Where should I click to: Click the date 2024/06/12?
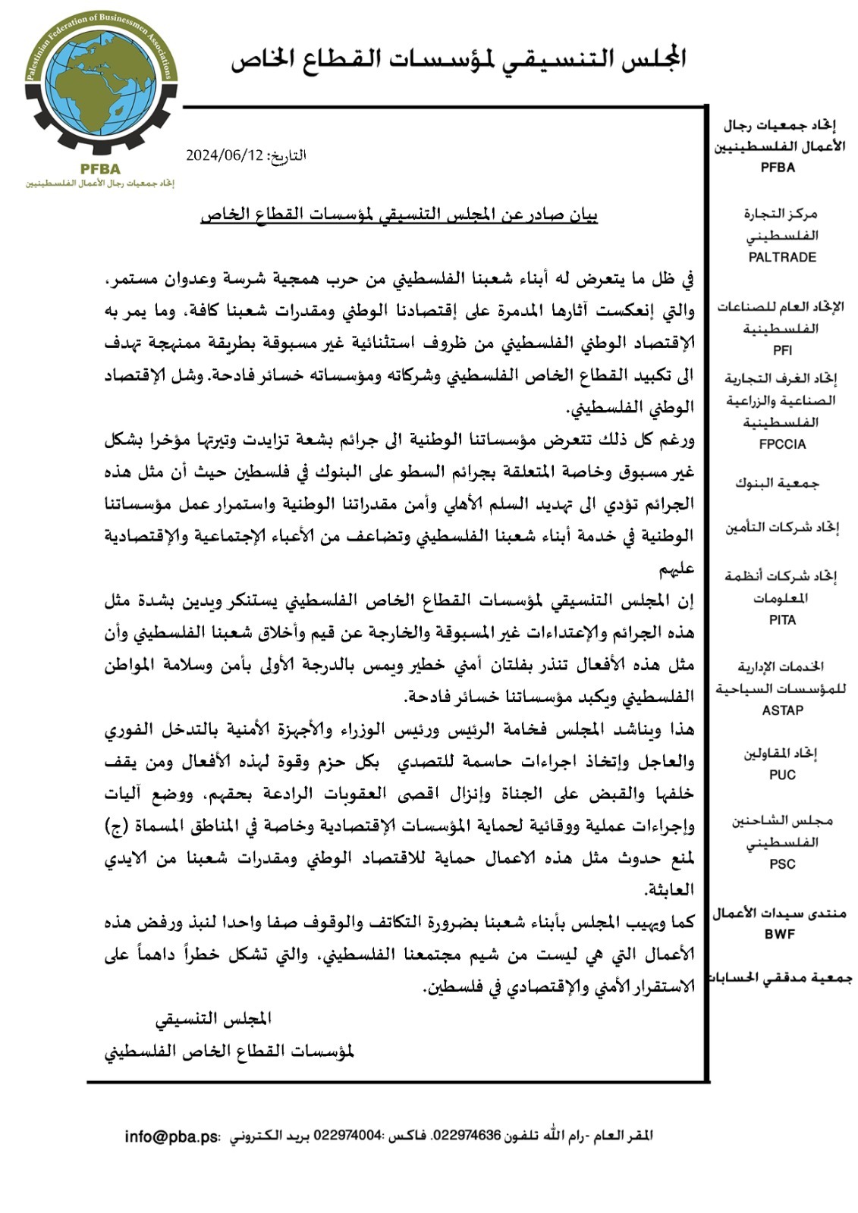pyautogui.click(x=225, y=155)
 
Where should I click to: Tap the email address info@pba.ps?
pyautogui.click(x=171, y=1136)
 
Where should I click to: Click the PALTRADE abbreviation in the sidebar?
pyautogui.click(x=781, y=257)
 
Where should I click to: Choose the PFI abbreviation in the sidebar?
pyautogui.click(x=781, y=350)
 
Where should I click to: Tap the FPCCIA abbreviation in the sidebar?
pyautogui.click(x=781, y=444)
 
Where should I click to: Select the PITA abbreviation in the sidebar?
pyautogui.click(x=781, y=620)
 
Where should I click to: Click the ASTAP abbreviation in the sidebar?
pyautogui.click(x=781, y=710)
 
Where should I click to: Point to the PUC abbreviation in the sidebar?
pyautogui.click(x=781, y=775)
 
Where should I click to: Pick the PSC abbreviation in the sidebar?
pyautogui.click(x=781, y=864)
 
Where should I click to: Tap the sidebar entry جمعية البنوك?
pyautogui.click(x=777, y=483)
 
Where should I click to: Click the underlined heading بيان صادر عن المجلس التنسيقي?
pyautogui.click(x=399, y=215)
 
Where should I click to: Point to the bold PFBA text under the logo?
pyautogui.click(x=99, y=169)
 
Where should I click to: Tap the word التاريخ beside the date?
pyautogui.click(x=287, y=155)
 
